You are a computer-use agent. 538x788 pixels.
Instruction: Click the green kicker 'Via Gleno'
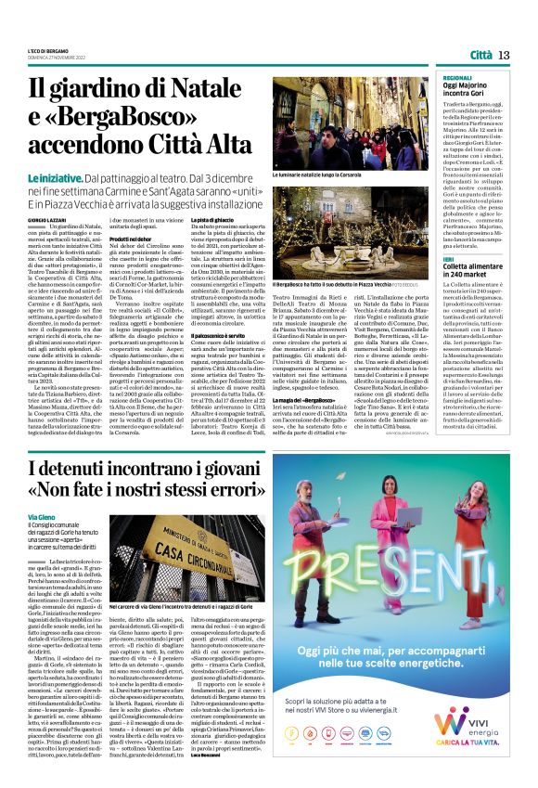(42, 514)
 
